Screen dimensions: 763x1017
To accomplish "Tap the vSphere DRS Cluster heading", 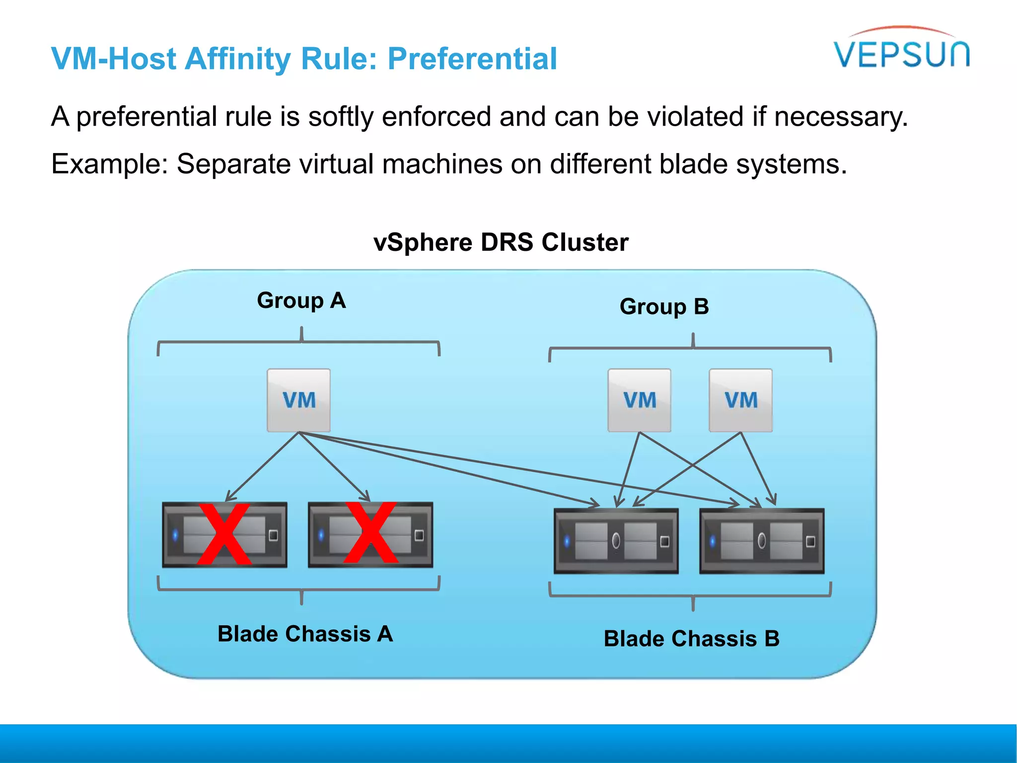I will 501,242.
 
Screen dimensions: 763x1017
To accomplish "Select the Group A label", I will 301,301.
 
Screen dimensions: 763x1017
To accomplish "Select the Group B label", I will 664,306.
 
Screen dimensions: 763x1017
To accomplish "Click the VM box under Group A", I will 298,400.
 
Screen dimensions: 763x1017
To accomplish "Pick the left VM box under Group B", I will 639,400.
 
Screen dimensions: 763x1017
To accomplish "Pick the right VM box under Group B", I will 740,400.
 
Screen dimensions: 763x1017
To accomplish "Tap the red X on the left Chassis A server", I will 224,534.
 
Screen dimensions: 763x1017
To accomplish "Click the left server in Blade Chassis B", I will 616,540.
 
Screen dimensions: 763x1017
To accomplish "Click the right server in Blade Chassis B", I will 761,540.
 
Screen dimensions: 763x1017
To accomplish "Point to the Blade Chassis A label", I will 305,634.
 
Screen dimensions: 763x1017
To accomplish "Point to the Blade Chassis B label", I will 691,639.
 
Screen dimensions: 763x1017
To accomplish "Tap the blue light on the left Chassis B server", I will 567,541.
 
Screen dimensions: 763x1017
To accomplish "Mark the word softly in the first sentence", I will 340,117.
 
